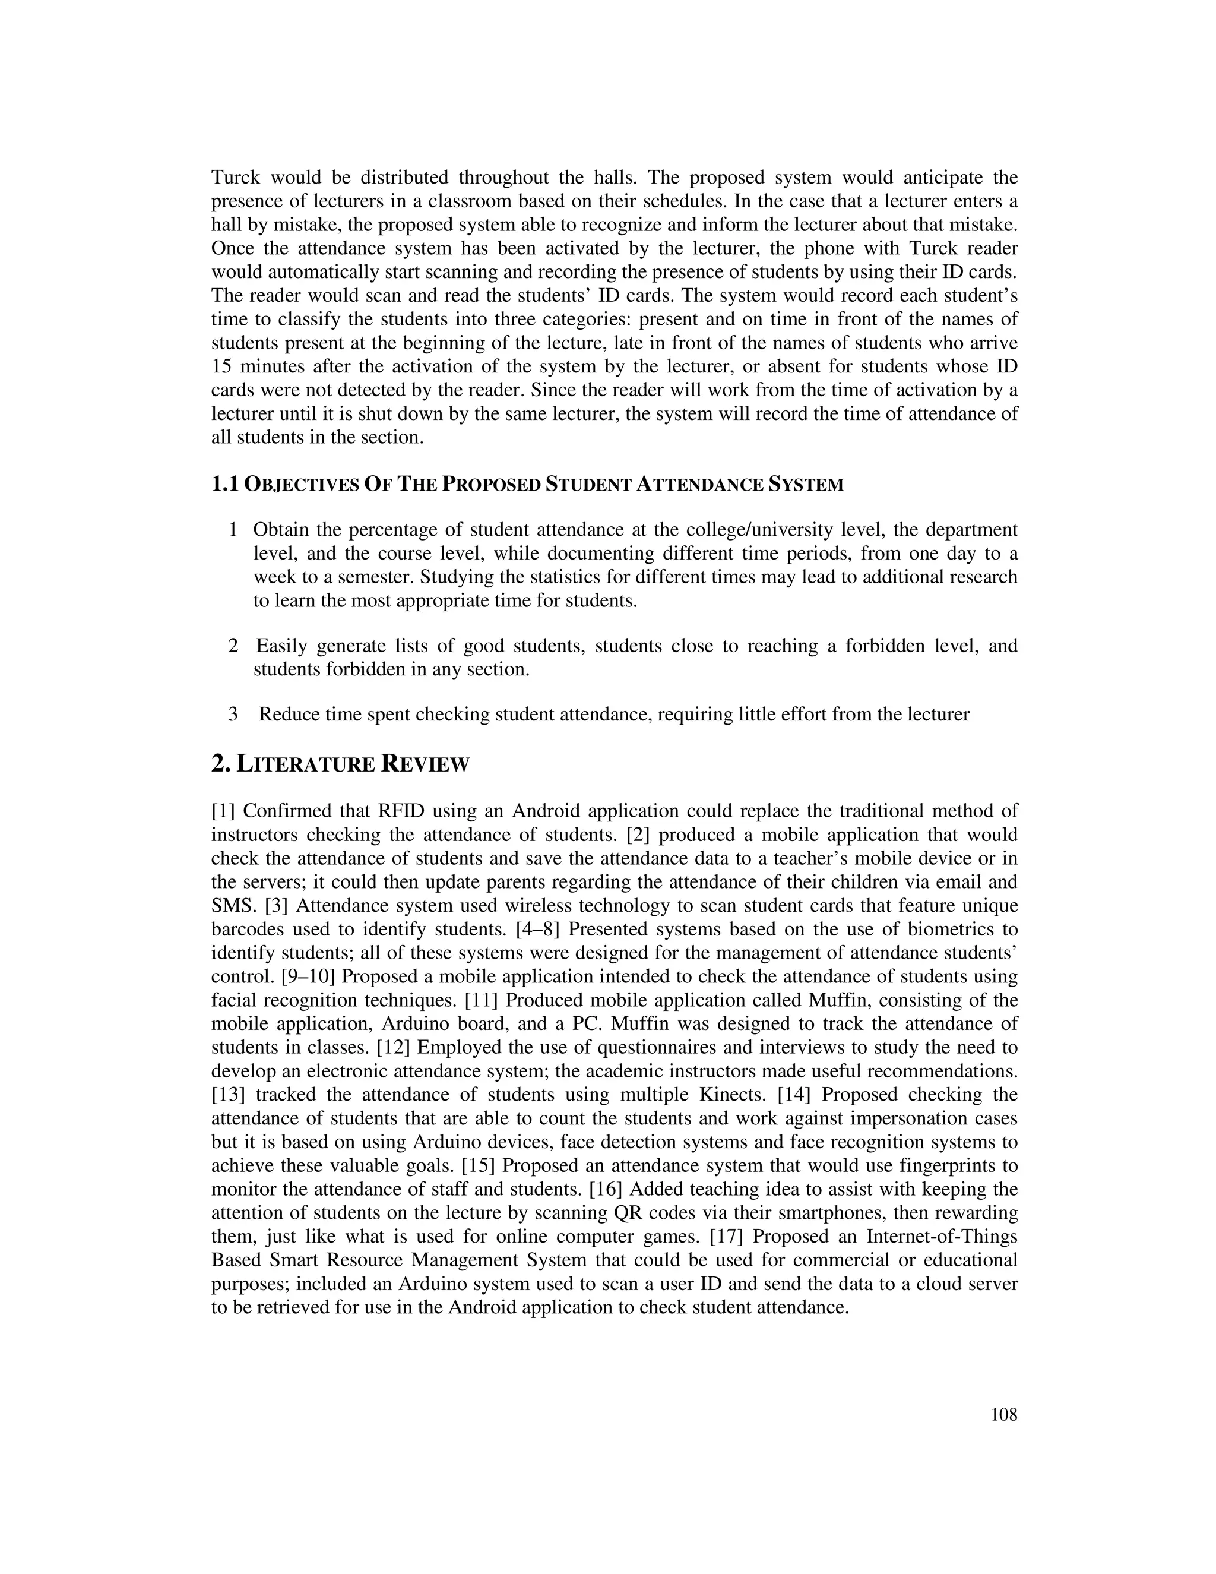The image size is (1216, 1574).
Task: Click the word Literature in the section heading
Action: pyautogui.click(x=306, y=764)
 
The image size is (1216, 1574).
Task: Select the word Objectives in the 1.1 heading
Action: pyautogui.click(x=302, y=485)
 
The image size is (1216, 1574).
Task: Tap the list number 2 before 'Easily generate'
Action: pyautogui.click(x=233, y=646)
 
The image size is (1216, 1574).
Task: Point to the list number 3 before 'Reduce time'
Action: pyautogui.click(x=233, y=714)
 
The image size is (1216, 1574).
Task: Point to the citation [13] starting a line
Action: pyautogui.click(x=229, y=1095)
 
